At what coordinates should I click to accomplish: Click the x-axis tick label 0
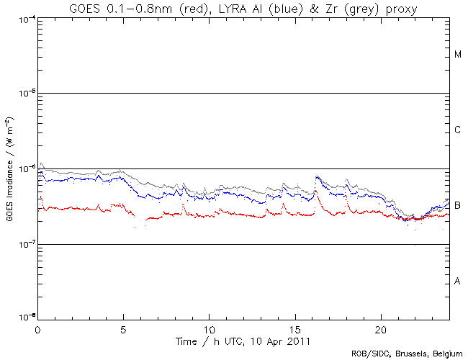click(37, 328)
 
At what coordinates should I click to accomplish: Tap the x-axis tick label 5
click(123, 328)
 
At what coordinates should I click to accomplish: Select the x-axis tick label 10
click(209, 328)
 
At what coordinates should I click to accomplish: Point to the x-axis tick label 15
click(295, 328)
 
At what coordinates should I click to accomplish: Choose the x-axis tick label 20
click(381, 328)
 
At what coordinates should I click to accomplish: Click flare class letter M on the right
click(458, 55)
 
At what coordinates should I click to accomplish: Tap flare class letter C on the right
click(458, 130)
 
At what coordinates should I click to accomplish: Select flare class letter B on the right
click(458, 206)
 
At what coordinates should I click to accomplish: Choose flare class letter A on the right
click(458, 281)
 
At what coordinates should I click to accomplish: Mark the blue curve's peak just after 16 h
click(317, 177)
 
